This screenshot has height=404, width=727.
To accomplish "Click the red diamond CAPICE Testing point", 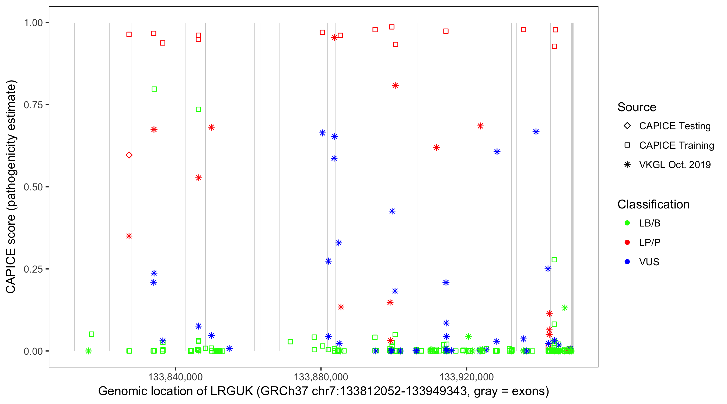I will click(x=129, y=155).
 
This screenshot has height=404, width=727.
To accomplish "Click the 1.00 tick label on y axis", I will click(x=33, y=23).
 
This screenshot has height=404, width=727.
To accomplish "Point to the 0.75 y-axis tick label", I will click(x=33, y=105).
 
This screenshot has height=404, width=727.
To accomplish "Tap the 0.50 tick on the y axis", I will click(x=33, y=187).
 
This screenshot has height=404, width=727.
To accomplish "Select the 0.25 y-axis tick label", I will click(x=33, y=269).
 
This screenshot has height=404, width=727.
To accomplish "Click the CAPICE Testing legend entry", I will click(x=674, y=126).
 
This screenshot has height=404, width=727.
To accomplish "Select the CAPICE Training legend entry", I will click(x=676, y=145).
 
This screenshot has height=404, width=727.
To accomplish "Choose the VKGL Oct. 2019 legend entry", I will click(x=674, y=165).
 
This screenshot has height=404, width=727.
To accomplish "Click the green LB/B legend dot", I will click(x=627, y=223).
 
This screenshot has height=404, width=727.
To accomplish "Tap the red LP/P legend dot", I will click(x=627, y=242).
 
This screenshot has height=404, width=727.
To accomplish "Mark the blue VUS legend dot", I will click(x=627, y=262).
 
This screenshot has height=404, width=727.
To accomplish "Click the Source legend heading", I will click(x=637, y=107).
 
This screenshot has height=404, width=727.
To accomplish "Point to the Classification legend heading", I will click(x=653, y=204).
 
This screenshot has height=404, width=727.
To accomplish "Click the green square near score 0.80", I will click(x=154, y=89).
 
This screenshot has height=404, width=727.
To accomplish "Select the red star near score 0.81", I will click(x=395, y=86).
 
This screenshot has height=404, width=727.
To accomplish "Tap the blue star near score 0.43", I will click(x=392, y=211).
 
